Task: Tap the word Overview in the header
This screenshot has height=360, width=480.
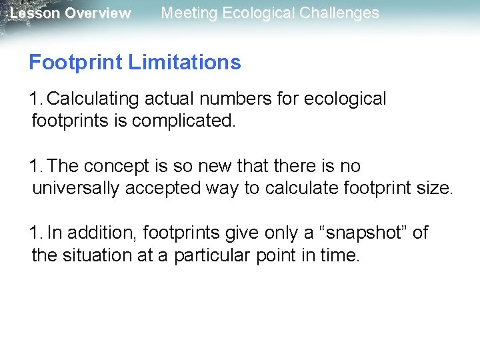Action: point(98,13)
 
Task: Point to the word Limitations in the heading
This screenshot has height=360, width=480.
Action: point(184,63)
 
